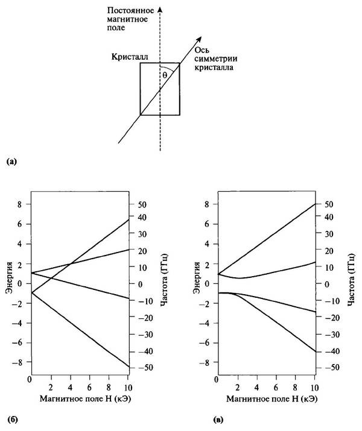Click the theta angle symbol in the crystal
pyautogui.click(x=164, y=75)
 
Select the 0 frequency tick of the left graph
pyautogui.click(x=138, y=283)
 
